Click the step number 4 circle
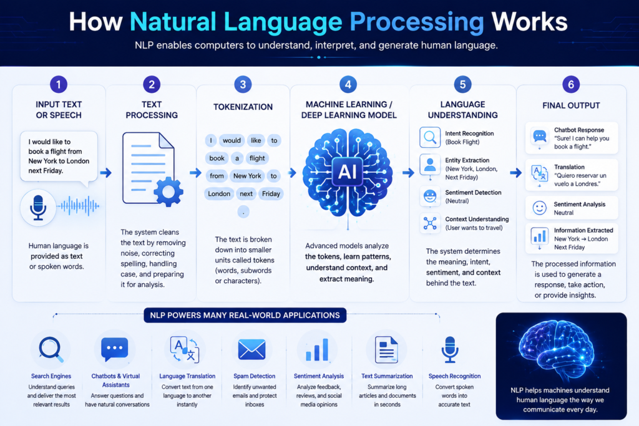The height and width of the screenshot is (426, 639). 348,84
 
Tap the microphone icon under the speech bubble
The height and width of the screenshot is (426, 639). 38,207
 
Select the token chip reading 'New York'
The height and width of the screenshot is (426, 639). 247,176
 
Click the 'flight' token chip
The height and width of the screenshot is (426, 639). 257,158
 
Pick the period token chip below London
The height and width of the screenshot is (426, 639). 243,212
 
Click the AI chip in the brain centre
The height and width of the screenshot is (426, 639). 348,172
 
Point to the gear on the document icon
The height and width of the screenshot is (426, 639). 168,191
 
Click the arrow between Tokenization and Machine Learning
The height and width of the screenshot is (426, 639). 292,173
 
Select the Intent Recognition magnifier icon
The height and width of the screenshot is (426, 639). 430,137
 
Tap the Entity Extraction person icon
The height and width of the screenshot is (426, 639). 430,165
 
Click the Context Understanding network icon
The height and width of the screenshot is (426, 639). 430,223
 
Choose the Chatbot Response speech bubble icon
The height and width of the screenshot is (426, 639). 540,136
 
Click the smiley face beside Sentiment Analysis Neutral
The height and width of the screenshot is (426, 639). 540,208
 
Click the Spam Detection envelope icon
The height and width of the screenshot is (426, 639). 252,350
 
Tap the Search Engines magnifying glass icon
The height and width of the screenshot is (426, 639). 51,349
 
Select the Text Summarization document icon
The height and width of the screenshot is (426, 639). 386,349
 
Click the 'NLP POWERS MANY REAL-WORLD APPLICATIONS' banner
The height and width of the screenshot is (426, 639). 245,315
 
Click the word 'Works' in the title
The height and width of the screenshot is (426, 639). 529,21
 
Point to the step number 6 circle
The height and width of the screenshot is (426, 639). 571,84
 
